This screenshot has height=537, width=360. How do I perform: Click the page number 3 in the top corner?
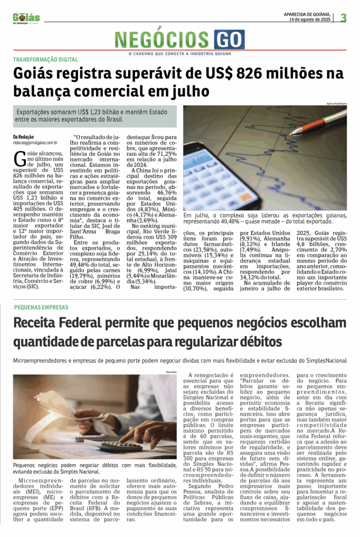(344, 18)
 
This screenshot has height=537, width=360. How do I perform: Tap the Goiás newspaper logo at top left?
(26, 18)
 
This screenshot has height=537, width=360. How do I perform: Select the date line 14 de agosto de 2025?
(310, 20)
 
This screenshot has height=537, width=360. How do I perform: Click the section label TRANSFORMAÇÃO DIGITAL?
(46, 60)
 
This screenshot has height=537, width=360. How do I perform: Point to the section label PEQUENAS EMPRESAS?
(41, 307)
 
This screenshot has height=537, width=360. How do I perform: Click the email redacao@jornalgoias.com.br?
(35, 142)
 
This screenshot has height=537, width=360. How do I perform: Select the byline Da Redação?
(24, 136)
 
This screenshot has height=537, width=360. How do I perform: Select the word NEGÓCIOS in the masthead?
(163, 39)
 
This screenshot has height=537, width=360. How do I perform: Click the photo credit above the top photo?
(335, 103)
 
